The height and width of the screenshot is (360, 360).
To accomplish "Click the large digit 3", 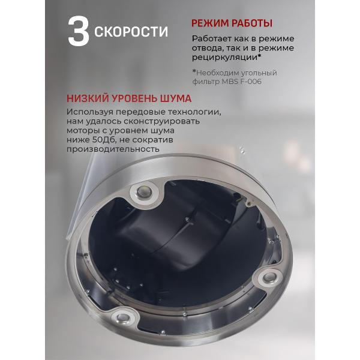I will click(79, 32).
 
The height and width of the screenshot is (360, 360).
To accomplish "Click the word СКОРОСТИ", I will click(131, 31).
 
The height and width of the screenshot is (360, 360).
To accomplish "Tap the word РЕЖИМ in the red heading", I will click(211, 23).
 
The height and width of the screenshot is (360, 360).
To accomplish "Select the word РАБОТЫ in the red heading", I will click(253, 23).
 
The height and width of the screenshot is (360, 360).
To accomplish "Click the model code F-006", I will click(248, 82).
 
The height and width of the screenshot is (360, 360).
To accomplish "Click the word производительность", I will click(113, 149).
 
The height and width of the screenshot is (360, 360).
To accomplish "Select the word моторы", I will click(83, 131).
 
